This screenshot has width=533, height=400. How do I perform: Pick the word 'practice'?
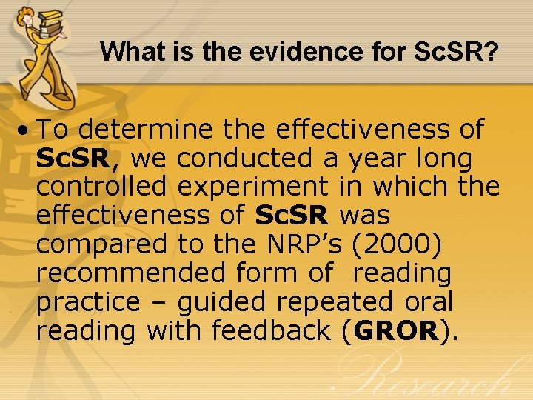pyautogui.click(x=87, y=302)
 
